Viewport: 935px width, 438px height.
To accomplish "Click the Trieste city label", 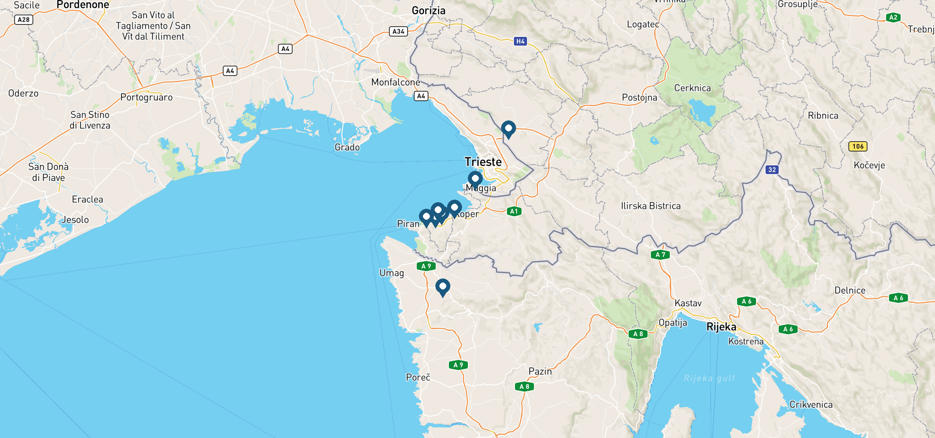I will [x=483, y=162].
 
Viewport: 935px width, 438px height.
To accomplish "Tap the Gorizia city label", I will [x=428, y=11].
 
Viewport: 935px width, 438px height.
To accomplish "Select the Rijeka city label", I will [x=721, y=327].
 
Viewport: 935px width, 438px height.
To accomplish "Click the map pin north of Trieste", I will [x=508, y=129].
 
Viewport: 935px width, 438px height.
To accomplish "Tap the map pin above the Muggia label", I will [x=475, y=179].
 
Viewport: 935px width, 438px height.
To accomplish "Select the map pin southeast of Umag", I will [x=442, y=287].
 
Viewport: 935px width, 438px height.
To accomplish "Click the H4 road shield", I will [x=520, y=41].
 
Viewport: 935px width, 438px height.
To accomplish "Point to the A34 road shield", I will [x=398, y=31].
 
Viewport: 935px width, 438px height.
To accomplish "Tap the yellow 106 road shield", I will [x=858, y=146].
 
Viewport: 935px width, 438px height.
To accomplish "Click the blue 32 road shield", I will [x=772, y=169].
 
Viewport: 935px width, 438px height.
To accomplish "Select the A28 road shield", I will [x=24, y=20].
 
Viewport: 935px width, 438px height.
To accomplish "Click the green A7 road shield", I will [x=660, y=254].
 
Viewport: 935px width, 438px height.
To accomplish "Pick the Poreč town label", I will [x=418, y=377].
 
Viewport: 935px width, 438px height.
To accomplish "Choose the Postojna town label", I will [x=639, y=97].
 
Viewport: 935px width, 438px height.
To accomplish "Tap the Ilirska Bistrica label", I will [x=650, y=206].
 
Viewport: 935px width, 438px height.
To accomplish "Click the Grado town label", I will [x=347, y=147].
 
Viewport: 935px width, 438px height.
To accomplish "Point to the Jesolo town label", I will [x=75, y=220].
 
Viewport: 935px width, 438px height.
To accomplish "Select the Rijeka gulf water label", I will [x=709, y=378].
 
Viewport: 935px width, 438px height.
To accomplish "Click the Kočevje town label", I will [x=869, y=165].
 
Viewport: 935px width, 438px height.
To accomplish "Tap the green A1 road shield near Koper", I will [x=514, y=211].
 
